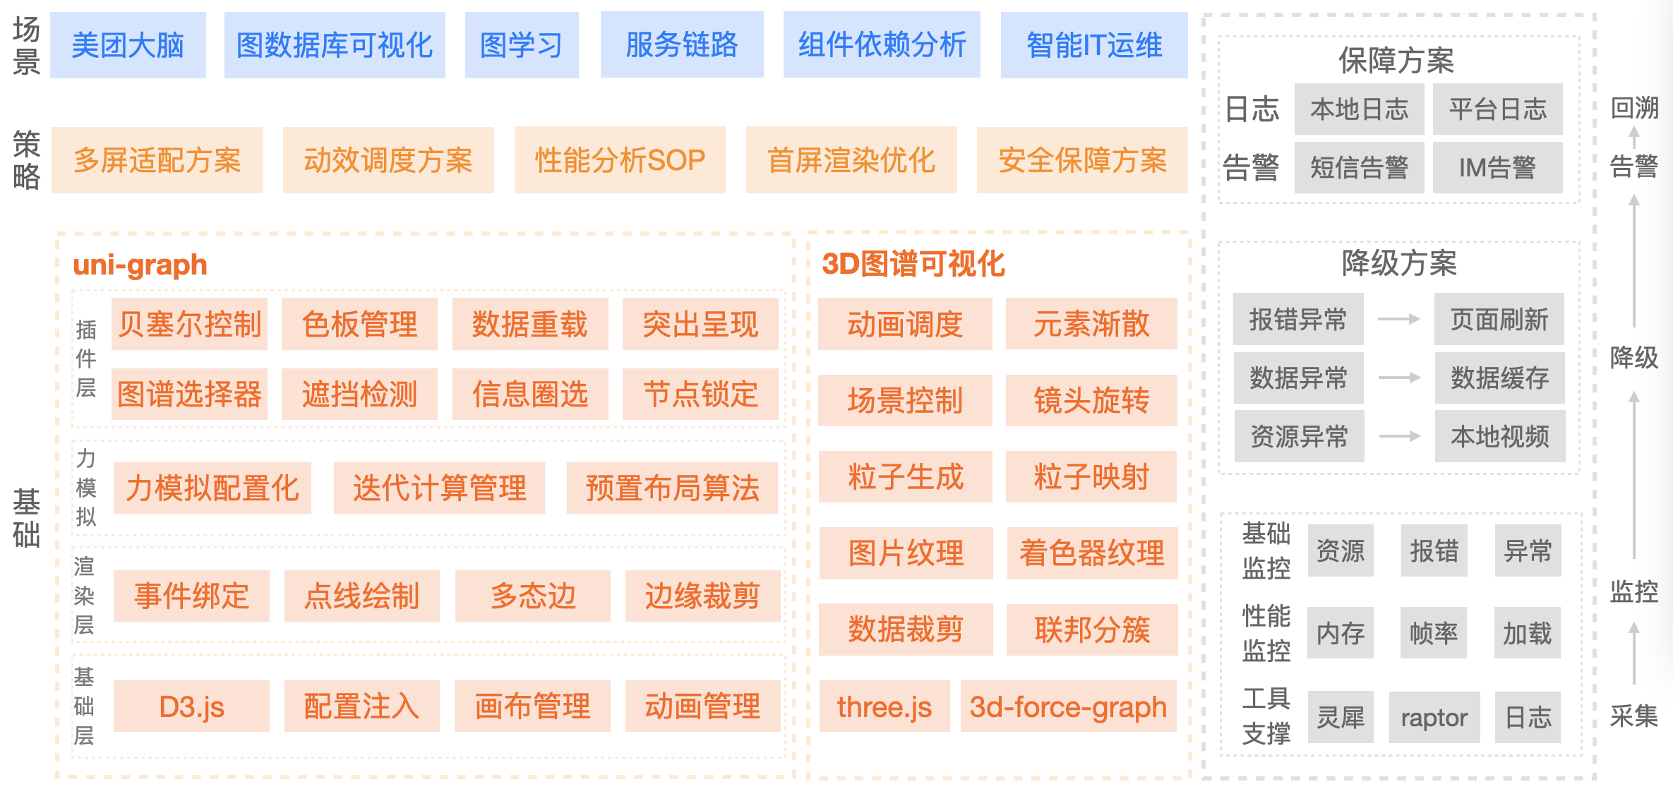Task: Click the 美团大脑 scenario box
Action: [128, 45]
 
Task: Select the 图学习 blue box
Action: [522, 45]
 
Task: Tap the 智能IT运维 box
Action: [1093, 45]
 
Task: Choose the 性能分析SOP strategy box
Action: [620, 160]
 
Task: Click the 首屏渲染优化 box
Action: [851, 160]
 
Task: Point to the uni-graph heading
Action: [140, 265]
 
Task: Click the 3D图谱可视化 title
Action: [913, 264]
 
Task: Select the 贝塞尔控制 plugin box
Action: [189, 324]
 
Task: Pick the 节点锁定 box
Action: [700, 394]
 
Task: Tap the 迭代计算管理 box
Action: [439, 488]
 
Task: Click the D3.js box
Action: [191, 706]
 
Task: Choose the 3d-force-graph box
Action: [1068, 706]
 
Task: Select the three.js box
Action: [884, 706]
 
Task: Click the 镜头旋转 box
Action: [1091, 401]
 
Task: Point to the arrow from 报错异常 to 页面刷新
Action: [1398, 319]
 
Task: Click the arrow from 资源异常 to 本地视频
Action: [1399, 436]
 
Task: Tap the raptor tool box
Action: [1434, 718]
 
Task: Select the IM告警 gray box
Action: [1497, 168]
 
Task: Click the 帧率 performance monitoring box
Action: [1434, 633]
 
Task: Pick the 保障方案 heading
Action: [1396, 61]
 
